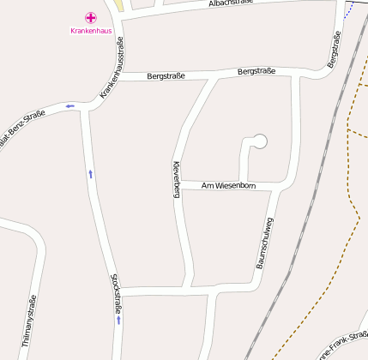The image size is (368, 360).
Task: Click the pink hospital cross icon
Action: [x=90, y=18]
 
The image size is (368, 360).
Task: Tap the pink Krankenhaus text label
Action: [x=90, y=31]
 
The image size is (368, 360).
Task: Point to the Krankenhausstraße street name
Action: [x=112, y=67]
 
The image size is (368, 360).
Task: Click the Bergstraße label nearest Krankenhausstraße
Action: [x=166, y=76]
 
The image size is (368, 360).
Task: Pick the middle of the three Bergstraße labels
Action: [x=256, y=71]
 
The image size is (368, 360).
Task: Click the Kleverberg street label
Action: [x=176, y=179]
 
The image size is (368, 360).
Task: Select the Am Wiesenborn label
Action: [x=228, y=185]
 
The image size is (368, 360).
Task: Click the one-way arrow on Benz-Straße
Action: [x=69, y=106]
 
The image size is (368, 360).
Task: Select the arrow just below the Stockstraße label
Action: [x=118, y=320]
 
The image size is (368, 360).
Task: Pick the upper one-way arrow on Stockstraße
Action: [x=90, y=174]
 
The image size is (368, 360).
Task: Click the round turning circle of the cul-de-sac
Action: [x=261, y=141]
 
